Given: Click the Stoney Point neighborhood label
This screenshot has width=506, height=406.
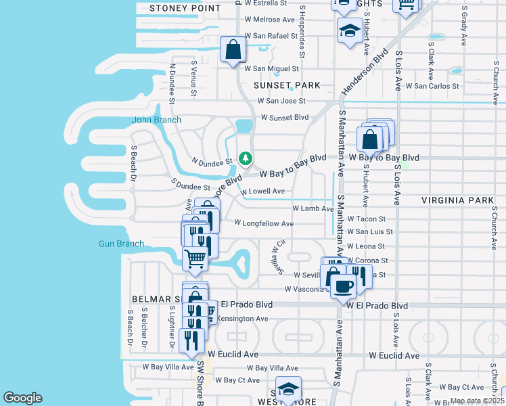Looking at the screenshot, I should [x=185, y=8].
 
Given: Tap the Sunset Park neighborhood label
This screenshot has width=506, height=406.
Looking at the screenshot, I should [x=286, y=86].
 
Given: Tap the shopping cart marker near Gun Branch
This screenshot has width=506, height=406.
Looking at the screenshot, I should [x=195, y=258].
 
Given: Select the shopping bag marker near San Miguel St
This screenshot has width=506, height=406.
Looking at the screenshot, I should [x=233, y=50].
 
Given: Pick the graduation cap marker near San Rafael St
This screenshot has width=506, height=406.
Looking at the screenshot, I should [x=350, y=30].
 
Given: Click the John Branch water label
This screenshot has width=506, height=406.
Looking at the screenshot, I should [x=156, y=120].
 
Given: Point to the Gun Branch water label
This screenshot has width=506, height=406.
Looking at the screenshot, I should [x=121, y=244].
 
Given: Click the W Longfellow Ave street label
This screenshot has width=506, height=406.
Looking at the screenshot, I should [x=264, y=223].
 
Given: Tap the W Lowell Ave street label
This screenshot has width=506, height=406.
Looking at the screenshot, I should [x=262, y=191].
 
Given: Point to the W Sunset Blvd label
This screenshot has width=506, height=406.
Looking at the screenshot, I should [x=283, y=117].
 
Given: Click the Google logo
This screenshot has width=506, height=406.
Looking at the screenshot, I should [x=22, y=398].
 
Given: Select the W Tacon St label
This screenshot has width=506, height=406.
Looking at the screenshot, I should [x=366, y=219].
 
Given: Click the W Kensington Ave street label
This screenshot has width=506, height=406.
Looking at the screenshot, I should [x=242, y=319].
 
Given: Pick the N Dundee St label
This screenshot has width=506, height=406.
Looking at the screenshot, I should [x=212, y=161].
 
